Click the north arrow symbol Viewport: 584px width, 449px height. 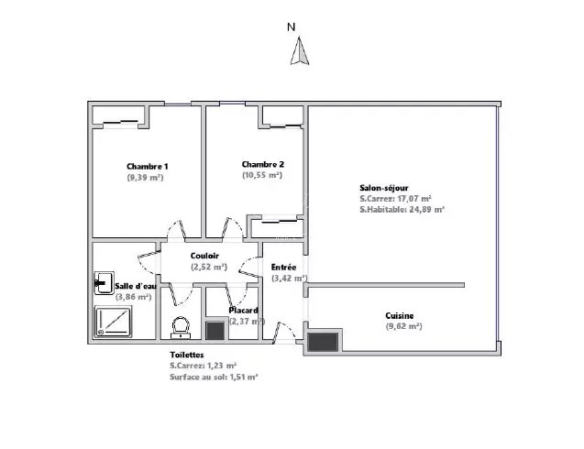click(x=300, y=51)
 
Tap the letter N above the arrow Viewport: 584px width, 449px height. click(x=292, y=27)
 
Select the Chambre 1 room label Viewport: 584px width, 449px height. click(x=147, y=167)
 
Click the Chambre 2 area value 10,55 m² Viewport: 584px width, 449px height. click(x=262, y=175)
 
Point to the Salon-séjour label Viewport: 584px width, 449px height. click(x=384, y=188)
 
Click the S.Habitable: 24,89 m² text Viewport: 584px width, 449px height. click(x=402, y=209)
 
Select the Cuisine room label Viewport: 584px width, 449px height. click(x=400, y=316)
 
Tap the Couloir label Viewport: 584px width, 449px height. click(x=204, y=256)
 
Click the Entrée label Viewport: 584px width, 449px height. click(x=284, y=268)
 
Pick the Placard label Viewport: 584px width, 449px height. click(x=244, y=311)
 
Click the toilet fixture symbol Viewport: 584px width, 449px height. click(x=181, y=328)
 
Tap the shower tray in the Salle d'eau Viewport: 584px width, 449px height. click(x=114, y=322)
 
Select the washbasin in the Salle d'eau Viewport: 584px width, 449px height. click(x=104, y=283)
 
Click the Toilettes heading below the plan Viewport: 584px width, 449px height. click(x=187, y=355)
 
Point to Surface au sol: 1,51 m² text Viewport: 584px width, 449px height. click(x=215, y=377)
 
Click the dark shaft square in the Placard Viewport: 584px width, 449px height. click(x=215, y=331)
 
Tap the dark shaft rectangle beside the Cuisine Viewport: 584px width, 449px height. click(x=324, y=342)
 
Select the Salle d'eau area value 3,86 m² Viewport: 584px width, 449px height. click(x=133, y=297)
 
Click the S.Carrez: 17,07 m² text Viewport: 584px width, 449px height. click(x=396, y=199)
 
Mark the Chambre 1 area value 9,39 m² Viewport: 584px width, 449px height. click(x=145, y=177)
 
